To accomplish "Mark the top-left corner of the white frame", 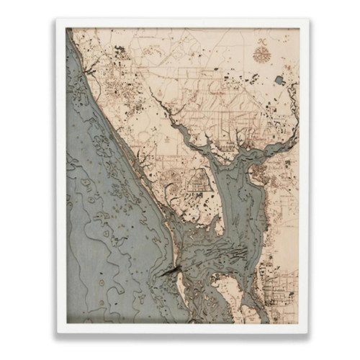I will pos(58,21).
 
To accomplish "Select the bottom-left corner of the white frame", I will pos(58,332).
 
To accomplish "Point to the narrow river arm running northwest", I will pos(180,119).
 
